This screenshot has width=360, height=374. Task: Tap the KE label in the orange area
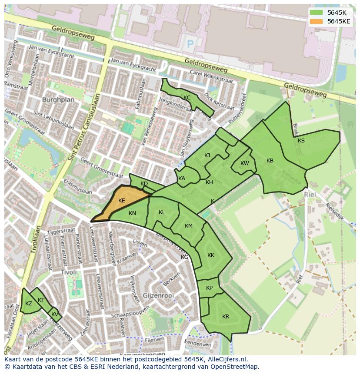122,201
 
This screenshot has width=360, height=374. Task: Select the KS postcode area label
301,141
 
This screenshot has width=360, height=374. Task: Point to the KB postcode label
270,161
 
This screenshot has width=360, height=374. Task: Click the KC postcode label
187,98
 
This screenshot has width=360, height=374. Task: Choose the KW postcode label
245,163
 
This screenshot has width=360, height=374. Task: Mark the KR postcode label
226,317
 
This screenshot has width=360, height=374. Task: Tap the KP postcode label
210,288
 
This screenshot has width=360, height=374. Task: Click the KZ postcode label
29,304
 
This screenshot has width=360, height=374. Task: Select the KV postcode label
54,314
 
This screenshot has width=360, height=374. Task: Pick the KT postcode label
41,300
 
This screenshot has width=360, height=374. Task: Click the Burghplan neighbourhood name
58,99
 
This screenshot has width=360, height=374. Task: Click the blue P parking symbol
190,43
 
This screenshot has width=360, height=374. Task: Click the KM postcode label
189,226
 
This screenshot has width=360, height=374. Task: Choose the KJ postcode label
207,156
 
